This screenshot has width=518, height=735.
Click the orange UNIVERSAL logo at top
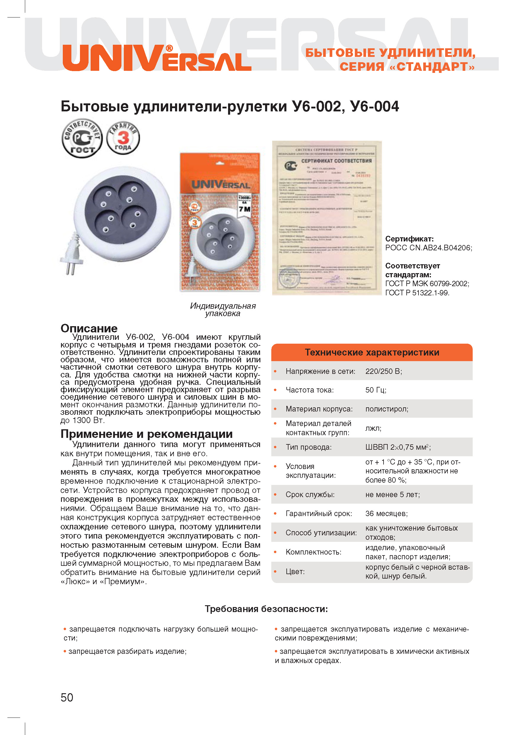(x=157, y=59)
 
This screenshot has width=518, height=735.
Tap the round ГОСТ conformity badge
(x=82, y=138)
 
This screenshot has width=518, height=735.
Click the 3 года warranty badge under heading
(x=123, y=138)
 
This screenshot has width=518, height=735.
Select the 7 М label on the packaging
(x=244, y=209)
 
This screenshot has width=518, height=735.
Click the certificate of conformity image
(x=327, y=218)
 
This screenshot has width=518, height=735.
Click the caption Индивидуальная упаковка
(x=223, y=309)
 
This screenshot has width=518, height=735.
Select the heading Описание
(x=89, y=328)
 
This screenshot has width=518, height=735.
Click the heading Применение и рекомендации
(x=147, y=434)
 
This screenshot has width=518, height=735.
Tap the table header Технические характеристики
(x=372, y=353)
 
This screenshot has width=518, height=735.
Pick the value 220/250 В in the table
(x=384, y=371)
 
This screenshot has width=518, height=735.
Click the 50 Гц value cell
(x=376, y=390)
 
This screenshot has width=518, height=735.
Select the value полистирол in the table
(x=387, y=409)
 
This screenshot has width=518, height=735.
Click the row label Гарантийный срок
(x=319, y=513)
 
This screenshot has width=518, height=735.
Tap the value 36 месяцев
(x=387, y=513)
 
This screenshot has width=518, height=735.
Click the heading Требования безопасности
(x=266, y=609)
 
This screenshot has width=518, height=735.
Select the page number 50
(x=67, y=697)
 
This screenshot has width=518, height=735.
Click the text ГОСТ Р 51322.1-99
(x=417, y=293)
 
